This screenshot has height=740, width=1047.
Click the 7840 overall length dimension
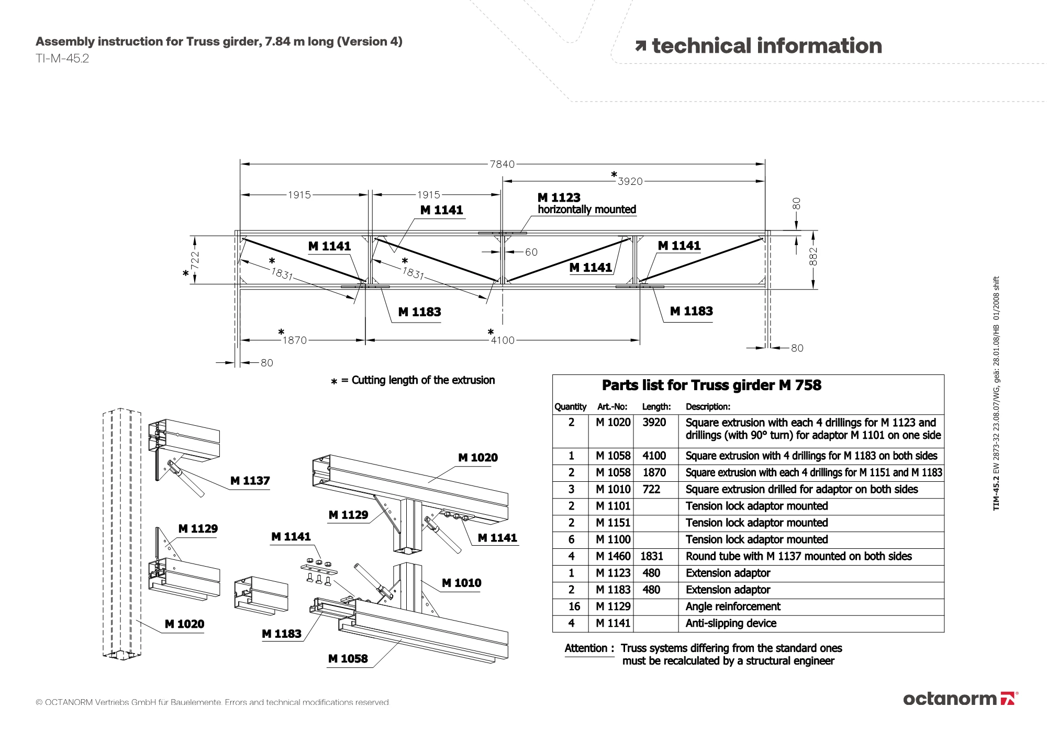(502, 164)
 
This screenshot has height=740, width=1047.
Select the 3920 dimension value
(630, 181)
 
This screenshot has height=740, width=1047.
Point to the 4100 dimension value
(503, 340)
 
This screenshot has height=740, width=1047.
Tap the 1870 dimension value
(295, 340)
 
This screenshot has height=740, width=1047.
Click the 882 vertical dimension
(813, 257)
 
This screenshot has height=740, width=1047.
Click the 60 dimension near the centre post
(531, 252)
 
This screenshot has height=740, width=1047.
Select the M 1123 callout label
(559, 197)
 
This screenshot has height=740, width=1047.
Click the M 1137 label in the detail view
(250, 481)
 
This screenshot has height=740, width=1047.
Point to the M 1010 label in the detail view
(461, 583)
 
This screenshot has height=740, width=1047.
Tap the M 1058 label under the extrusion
(348, 659)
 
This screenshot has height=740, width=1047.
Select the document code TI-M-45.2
(62, 59)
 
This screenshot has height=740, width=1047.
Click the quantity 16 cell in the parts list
(574, 606)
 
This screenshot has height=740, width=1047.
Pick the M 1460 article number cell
(613, 556)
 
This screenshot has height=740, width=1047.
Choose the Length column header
(656, 406)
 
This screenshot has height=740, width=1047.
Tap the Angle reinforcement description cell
(733, 606)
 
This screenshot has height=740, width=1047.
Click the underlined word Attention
(586, 648)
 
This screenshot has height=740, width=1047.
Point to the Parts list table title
(711, 385)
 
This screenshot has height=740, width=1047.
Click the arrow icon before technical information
(641, 46)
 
